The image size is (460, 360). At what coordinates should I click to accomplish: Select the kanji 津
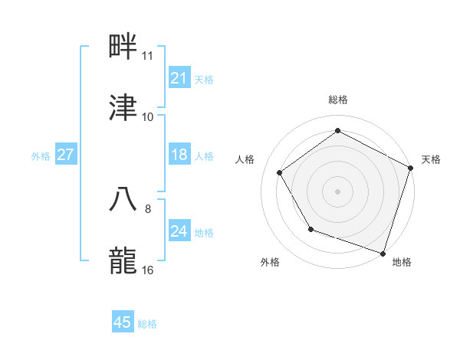tap(123, 108)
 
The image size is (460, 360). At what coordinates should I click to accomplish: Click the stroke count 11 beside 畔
tap(148, 56)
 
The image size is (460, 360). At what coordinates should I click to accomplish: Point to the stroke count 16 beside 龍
tap(148, 270)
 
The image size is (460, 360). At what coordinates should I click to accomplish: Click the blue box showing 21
tap(179, 78)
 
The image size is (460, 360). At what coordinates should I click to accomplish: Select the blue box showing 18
tap(179, 155)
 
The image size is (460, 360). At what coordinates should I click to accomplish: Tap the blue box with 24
tap(179, 231)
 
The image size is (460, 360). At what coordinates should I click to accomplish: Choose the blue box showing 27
tap(65, 155)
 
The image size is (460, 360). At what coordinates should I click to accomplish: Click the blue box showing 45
tap(123, 322)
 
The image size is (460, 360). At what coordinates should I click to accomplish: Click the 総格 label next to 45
tap(147, 324)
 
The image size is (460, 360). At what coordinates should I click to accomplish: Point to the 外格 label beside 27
tap(41, 156)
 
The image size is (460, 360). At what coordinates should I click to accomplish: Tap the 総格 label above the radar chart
tap(338, 100)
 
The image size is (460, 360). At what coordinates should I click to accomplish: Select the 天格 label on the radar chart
tap(431, 159)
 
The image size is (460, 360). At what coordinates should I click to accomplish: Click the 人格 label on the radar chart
tap(245, 159)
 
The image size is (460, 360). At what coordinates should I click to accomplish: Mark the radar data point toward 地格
tap(383, 252)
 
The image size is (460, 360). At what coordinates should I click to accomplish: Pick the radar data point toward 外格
tap(310, 229)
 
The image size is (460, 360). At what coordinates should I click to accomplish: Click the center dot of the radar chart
tap(338, 191)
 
